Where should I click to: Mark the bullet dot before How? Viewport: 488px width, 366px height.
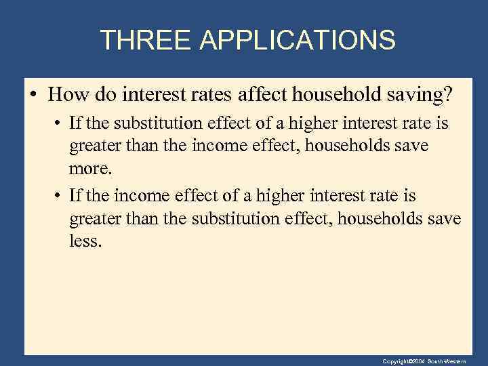(x=34, y=95)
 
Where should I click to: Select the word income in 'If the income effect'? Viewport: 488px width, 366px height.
(x=138, y=197)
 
